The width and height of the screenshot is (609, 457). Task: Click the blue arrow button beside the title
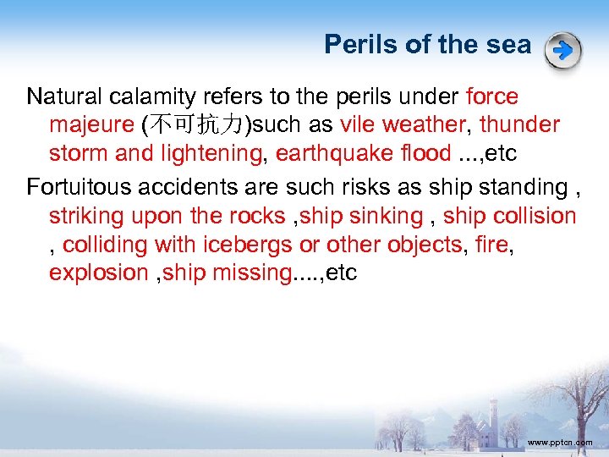tap(563, 51)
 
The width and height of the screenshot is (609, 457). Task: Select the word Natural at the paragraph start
tap(67, 96)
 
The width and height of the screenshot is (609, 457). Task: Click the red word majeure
tap(91, 125)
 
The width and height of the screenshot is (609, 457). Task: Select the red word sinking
tap(385, 216)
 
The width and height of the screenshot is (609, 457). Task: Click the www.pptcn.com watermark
tap(559, 442)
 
